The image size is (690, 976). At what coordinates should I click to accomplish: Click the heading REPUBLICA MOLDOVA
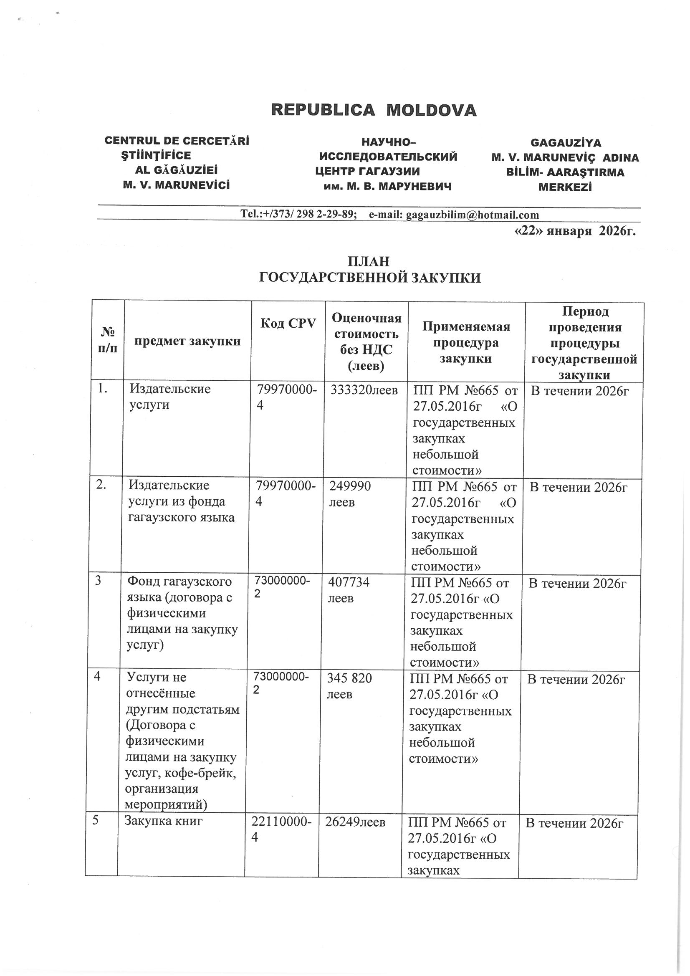pyautogui.click(x=374, y=111)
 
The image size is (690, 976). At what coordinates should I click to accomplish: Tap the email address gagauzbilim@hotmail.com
pyautogui.click(x=473, y=215)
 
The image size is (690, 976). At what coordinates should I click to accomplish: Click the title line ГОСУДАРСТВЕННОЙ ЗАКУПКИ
pyautogui.click(x=370, y=278)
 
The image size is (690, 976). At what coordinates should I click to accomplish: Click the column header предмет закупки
pyautogui.click(x=187, y=341)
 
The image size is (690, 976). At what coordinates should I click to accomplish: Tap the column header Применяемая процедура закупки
pyautogui.click(x=466, y=343)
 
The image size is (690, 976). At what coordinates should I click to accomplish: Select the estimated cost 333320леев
pyautogui.click(x=364, y=389)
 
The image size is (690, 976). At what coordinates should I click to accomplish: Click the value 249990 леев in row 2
pyautogui.click(x=349, y=493)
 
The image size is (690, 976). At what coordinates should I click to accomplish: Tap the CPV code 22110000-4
pyautogui.click(x=281, y=829)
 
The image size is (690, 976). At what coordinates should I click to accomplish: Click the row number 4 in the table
pyautogui.click(x=98, y=677)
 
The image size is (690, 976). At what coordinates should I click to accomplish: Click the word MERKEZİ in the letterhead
pyautogui.click(x=565, y=187)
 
